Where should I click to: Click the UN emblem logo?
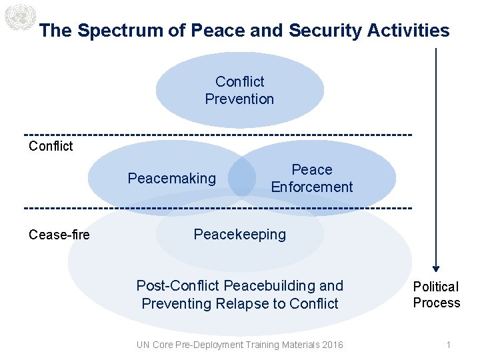click(19, 17)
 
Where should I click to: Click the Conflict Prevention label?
click(239, 90)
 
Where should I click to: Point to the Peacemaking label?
click(172, 178)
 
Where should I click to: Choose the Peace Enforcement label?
click(311, 178)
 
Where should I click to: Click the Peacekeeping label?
click(239, 234)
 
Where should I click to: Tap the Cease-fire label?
click(59, 234)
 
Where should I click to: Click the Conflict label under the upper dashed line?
click(51, 146)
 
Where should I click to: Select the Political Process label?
click(437, 295)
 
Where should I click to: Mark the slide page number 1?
click(449, 345)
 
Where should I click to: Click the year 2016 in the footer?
click(331, 345)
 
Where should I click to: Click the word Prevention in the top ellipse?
click(239, 99)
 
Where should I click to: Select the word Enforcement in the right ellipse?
click(311, 187)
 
